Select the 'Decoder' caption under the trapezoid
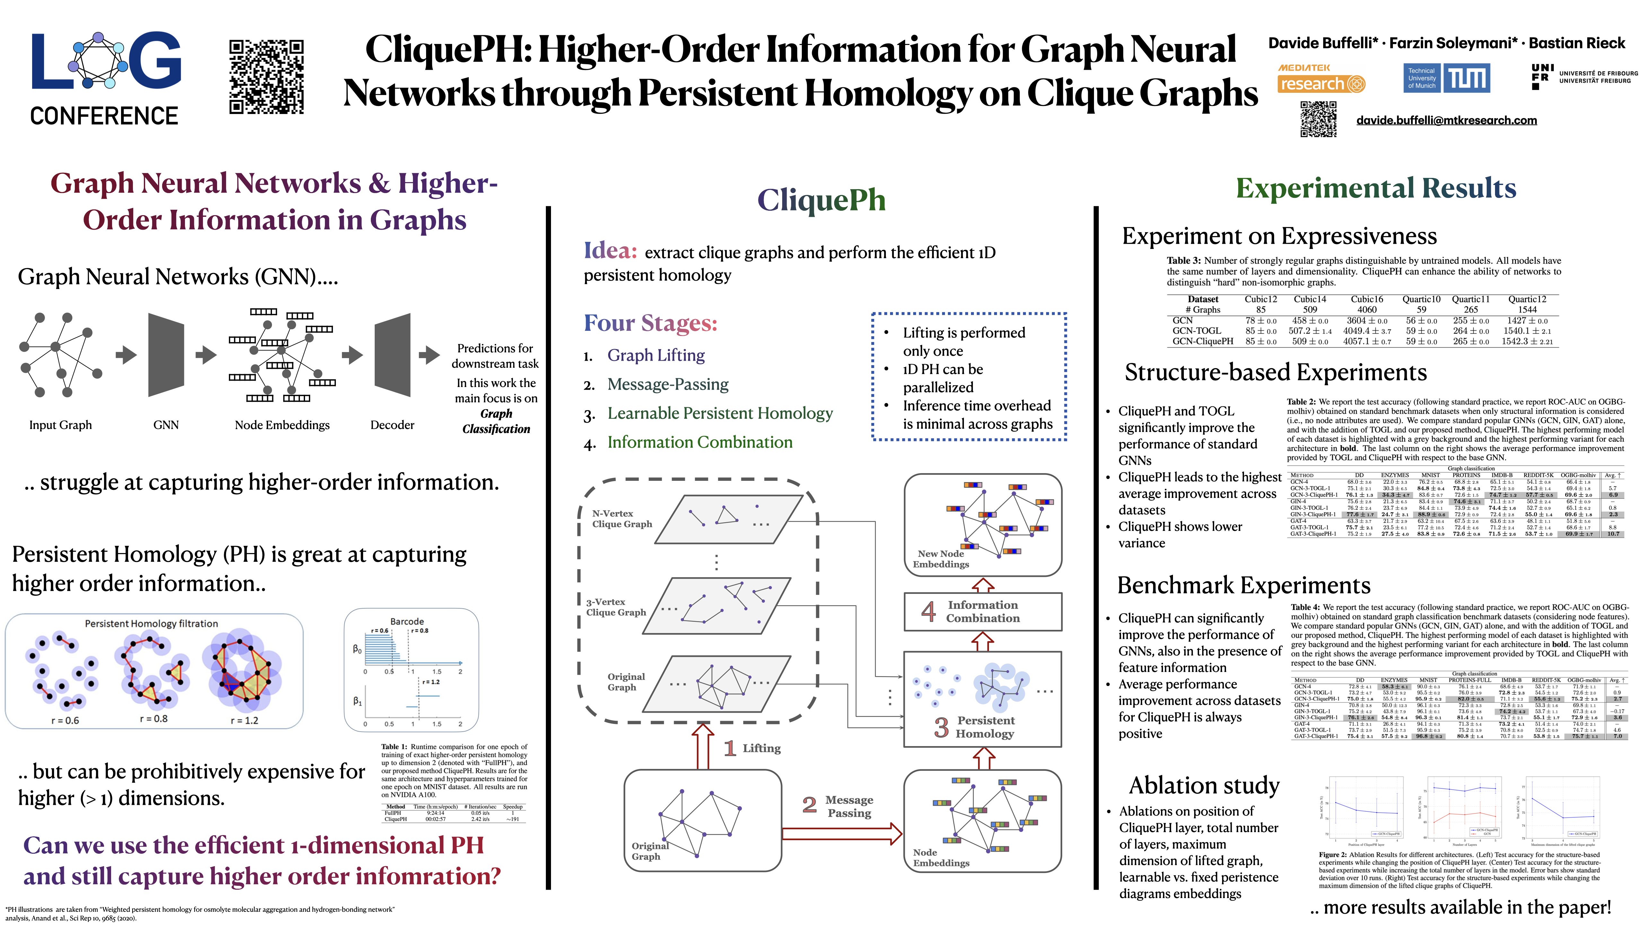pyautogui.click(x=392, y=425)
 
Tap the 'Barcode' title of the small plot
pyautogui.click(x=407, y=621)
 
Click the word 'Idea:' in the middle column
pyautogui.click(x=610, y=251)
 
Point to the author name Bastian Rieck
pyautogui.click(x=1576, y=43)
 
